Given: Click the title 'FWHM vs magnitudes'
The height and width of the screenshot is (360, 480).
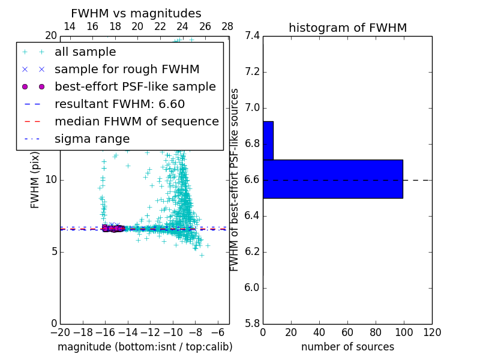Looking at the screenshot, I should tap(136, 13).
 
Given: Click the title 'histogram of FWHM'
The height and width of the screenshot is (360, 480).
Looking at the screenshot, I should tap(347, 28).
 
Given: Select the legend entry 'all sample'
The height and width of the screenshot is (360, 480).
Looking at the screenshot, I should tap(85, 52).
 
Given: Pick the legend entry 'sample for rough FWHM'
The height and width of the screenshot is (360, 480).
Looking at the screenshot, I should tap(127, 70).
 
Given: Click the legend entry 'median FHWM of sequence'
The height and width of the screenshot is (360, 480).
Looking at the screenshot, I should tap(136, 121).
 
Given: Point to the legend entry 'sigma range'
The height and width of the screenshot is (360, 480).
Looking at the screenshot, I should tap(92, 139).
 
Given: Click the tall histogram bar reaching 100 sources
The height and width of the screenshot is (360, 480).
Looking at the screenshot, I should tap(332, 179).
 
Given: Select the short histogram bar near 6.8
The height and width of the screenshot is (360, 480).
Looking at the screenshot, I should tap(268, 140).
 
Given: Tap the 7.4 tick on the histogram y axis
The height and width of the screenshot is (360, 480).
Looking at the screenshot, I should tap(253, 36).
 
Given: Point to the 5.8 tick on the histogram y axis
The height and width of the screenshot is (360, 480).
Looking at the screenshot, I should tap(253, 323).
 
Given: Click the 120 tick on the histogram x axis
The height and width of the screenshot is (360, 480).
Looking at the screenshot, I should tap(431, 332).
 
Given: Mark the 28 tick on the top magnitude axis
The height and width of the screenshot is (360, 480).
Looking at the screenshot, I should tap(227, 26).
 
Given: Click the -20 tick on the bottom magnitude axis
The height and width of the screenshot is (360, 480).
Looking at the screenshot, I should tap(60, 332).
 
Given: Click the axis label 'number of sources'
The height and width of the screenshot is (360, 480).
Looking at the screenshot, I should tap(347, 347).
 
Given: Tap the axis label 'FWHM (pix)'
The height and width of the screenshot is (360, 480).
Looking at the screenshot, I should tap(35, 180).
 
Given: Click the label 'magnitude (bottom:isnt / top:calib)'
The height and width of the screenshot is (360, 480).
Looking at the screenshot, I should tap(145, 347).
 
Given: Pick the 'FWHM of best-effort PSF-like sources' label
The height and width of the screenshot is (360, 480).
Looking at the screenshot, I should tap(235, 180).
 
